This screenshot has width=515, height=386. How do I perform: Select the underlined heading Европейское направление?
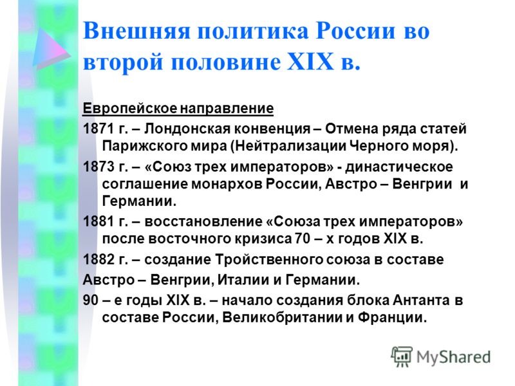point(178,107)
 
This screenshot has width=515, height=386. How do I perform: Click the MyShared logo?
point(442,356)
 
